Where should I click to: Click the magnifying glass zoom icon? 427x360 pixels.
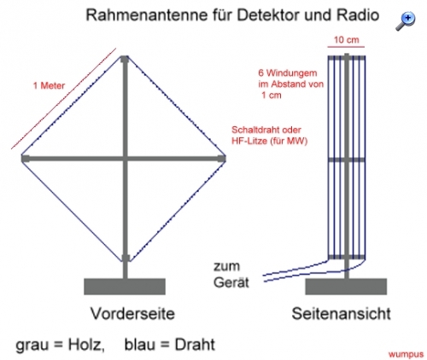[406, 20]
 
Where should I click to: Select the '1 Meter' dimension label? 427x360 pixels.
[49, 85]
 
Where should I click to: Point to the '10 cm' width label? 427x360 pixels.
[346, 40]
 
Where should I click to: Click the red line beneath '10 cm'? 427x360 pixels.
[346, 47]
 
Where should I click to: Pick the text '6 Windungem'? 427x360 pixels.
[288, 73]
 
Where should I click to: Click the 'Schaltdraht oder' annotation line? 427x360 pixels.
[266, 130]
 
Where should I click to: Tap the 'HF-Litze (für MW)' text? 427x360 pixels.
[269, 141]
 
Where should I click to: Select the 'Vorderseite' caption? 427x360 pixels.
[132, 314]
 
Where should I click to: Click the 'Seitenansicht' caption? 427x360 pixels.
[341, 314]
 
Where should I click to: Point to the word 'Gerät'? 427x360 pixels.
[231, 282]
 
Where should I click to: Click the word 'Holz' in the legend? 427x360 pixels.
[85, 345]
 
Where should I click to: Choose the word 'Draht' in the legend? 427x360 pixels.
[195, 345]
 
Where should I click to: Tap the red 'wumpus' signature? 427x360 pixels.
[406, 354]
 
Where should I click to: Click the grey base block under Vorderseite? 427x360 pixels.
[125, 287]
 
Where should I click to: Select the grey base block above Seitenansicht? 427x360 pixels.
[346, 287]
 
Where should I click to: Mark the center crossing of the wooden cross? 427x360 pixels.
[125, 159]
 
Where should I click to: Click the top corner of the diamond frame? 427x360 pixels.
[125, 56]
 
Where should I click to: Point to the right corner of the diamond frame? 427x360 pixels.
[225, 159]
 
